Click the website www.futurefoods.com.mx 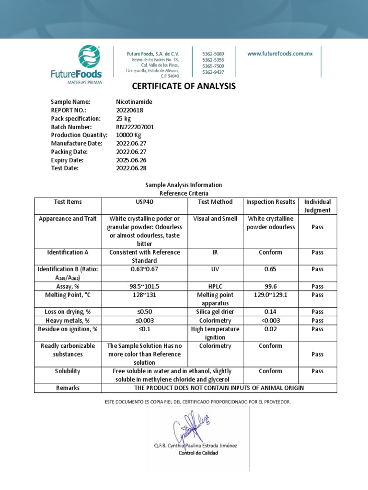point(280,54)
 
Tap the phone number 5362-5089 point(213,54)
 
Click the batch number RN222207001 point(135,127)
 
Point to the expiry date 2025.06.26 point(130,160)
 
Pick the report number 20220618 point(129,110)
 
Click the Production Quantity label point(79,135)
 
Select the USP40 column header point(144,201)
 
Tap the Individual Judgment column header point(317,206)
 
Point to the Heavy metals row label point(67,320)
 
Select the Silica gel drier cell point(215,312)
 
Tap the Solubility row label point(67,371)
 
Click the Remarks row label point(67,388)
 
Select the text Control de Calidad point(198,453)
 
